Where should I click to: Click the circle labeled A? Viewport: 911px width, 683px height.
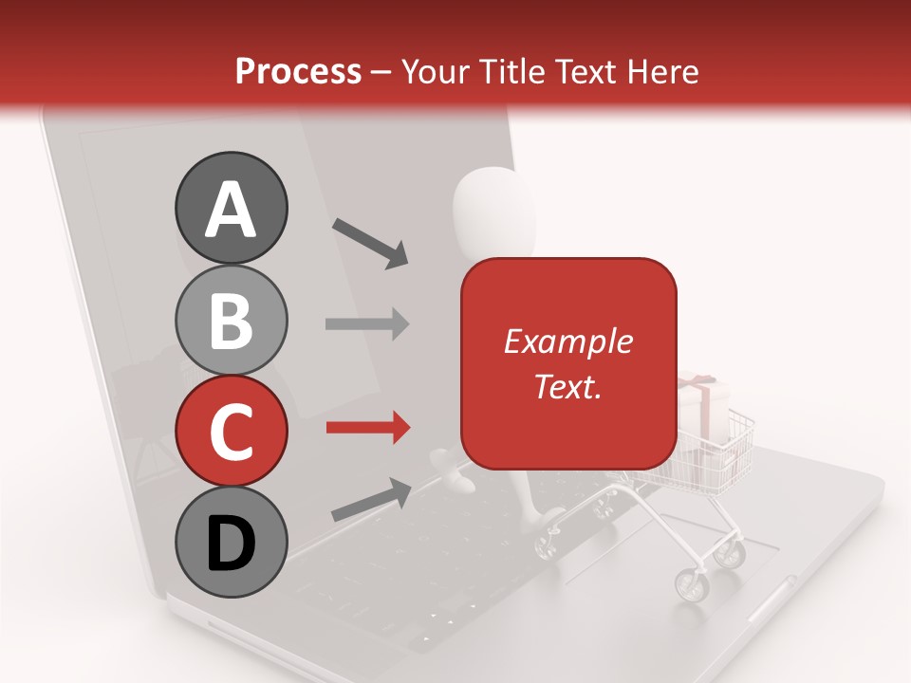pyautogui.click(x=231, y=209)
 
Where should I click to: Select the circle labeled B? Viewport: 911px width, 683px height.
pyautogui.click(x=231, y=321)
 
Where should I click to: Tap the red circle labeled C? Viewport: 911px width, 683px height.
pyautogui.click(x=231, y=432)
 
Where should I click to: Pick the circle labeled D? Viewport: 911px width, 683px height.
pyautogui.click(x=231, y=543)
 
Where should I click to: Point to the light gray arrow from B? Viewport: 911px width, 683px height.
pyautogui.click(x=367, y=323)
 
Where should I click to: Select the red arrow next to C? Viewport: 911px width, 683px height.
pyautogui.click(x=367, y=428)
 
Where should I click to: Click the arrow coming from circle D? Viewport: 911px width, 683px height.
pyautogui.click(x=371, y=499)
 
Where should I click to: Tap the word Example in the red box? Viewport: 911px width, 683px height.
pyautogui.click(x=567, y=341)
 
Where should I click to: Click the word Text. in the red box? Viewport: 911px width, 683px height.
pyautogui.click(x=567, y=386)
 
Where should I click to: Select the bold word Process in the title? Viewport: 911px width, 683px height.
pyautogui.click(x=298, y=71)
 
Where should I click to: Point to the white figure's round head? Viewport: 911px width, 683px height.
pyautogui.click(x=493, y=204)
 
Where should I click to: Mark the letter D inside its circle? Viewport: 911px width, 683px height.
pyautogui.click(x=231, y=544)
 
